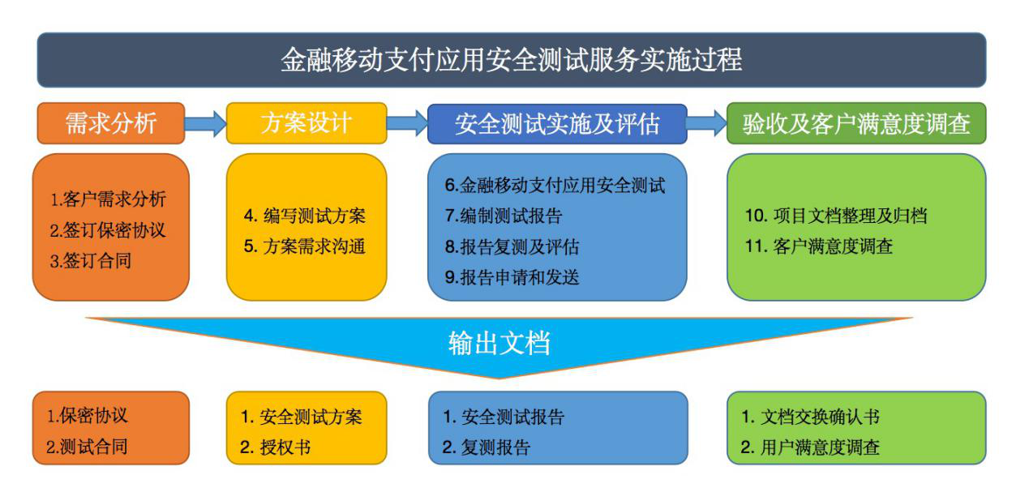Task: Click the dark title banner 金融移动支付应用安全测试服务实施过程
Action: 512,60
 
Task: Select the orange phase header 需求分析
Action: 111,123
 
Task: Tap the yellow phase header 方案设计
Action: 307,123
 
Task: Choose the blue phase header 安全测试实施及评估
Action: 557,123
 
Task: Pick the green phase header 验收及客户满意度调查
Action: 856,123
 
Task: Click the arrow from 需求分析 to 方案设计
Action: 205,123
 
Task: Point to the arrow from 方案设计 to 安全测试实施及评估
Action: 407,123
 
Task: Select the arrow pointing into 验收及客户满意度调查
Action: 707,123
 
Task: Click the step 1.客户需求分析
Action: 108,199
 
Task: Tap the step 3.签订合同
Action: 91,261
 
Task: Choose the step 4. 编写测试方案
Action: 305,216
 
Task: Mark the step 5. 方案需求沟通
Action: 305,246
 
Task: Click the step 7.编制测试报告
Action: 504,216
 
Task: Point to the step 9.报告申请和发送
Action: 512,277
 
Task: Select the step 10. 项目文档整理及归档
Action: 836,216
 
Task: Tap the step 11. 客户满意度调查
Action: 819,246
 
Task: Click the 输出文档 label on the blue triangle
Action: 499,343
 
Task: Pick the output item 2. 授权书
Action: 275,447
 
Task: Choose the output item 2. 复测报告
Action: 487,447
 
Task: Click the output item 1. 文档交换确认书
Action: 810,417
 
